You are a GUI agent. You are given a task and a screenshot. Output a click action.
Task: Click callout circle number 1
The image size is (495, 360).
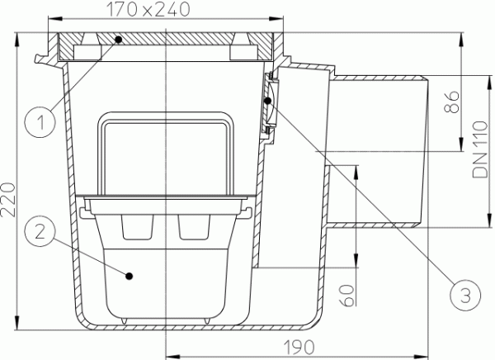pyautogui.click(x=40, y=122)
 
